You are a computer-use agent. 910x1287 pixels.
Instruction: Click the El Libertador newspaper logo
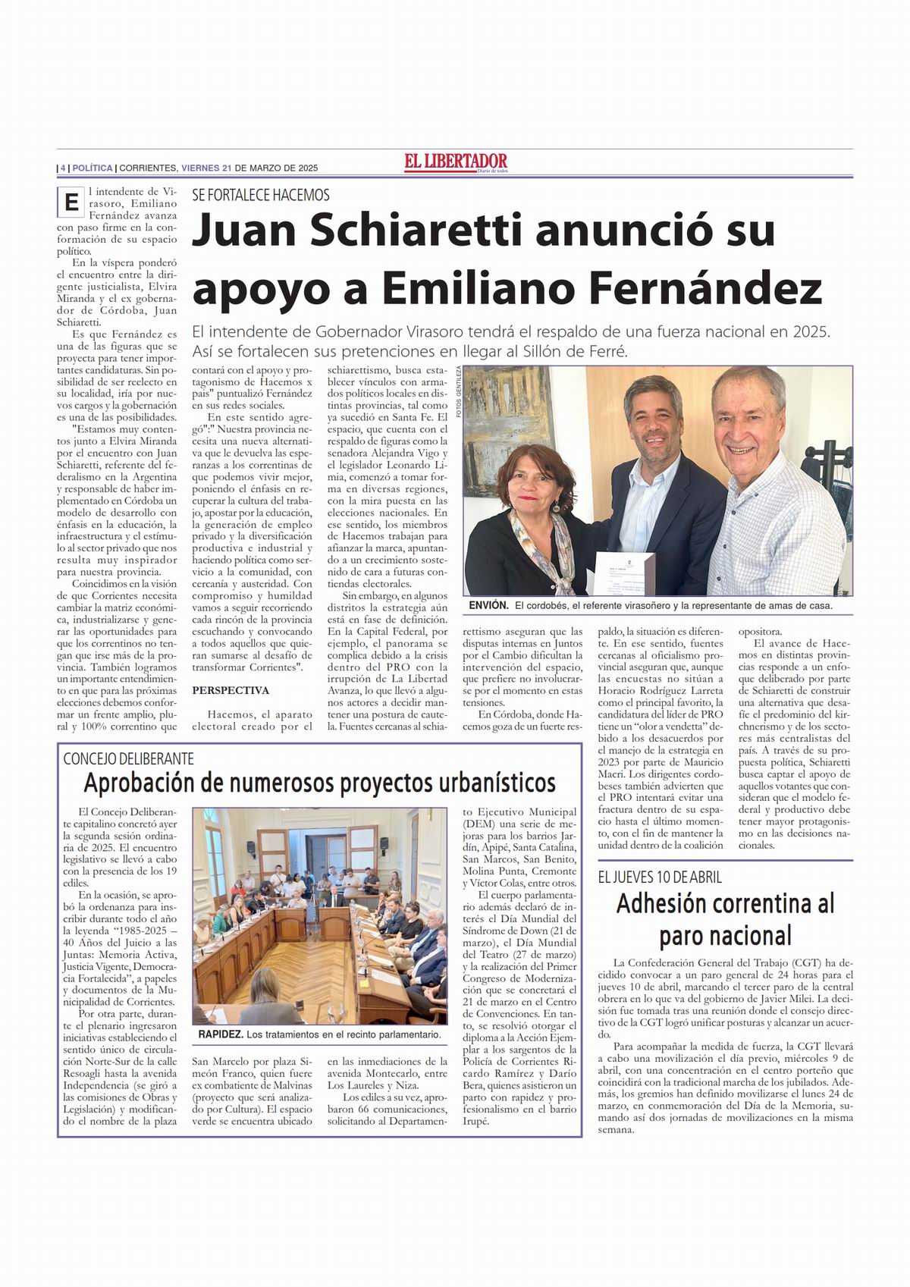(455, 162)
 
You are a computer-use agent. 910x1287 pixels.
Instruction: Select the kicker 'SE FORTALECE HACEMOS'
(261, 194)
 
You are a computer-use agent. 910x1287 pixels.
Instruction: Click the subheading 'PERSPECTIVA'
(231, 690)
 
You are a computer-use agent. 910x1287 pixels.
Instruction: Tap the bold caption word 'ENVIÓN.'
(488, 606)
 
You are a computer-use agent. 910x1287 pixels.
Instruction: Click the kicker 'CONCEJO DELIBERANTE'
(129, 758)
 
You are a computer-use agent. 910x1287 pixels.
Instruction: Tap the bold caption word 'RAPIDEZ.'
(220, 1034)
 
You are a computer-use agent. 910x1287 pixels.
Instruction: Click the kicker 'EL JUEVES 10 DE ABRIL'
(660, 877)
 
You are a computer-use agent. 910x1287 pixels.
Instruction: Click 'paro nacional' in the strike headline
(725, 934)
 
